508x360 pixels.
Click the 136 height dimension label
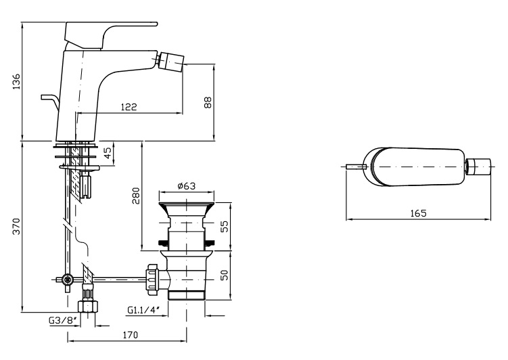pos(16,81)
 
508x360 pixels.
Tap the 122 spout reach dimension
pos(129,107)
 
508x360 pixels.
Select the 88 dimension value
pos(208,102)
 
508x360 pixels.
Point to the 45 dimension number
pos(108,152)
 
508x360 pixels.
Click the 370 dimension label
pos(16,227)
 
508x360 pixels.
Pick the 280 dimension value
pos(136,196)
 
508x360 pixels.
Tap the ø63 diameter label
pos(186,186)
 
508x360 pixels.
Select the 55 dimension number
pos(224,227)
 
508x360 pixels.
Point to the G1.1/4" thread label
pos(143,310)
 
